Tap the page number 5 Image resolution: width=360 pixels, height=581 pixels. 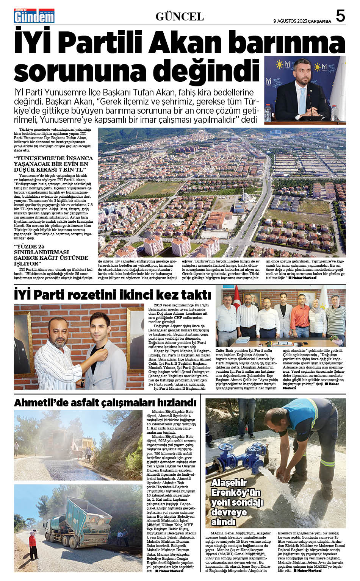coord(340,16)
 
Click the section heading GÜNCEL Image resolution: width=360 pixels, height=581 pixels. coord(180,17)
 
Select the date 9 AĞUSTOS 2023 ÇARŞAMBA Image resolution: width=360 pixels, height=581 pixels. coord(302,21)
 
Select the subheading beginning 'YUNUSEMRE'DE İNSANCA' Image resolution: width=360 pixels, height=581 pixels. coord(53,164)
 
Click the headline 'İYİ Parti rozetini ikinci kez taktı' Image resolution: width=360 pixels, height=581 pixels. coord(113,295)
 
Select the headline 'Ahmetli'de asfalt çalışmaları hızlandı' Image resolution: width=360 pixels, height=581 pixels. coord(105,403)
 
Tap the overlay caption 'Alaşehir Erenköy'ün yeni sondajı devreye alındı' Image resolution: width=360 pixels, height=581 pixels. coord(237,502)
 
